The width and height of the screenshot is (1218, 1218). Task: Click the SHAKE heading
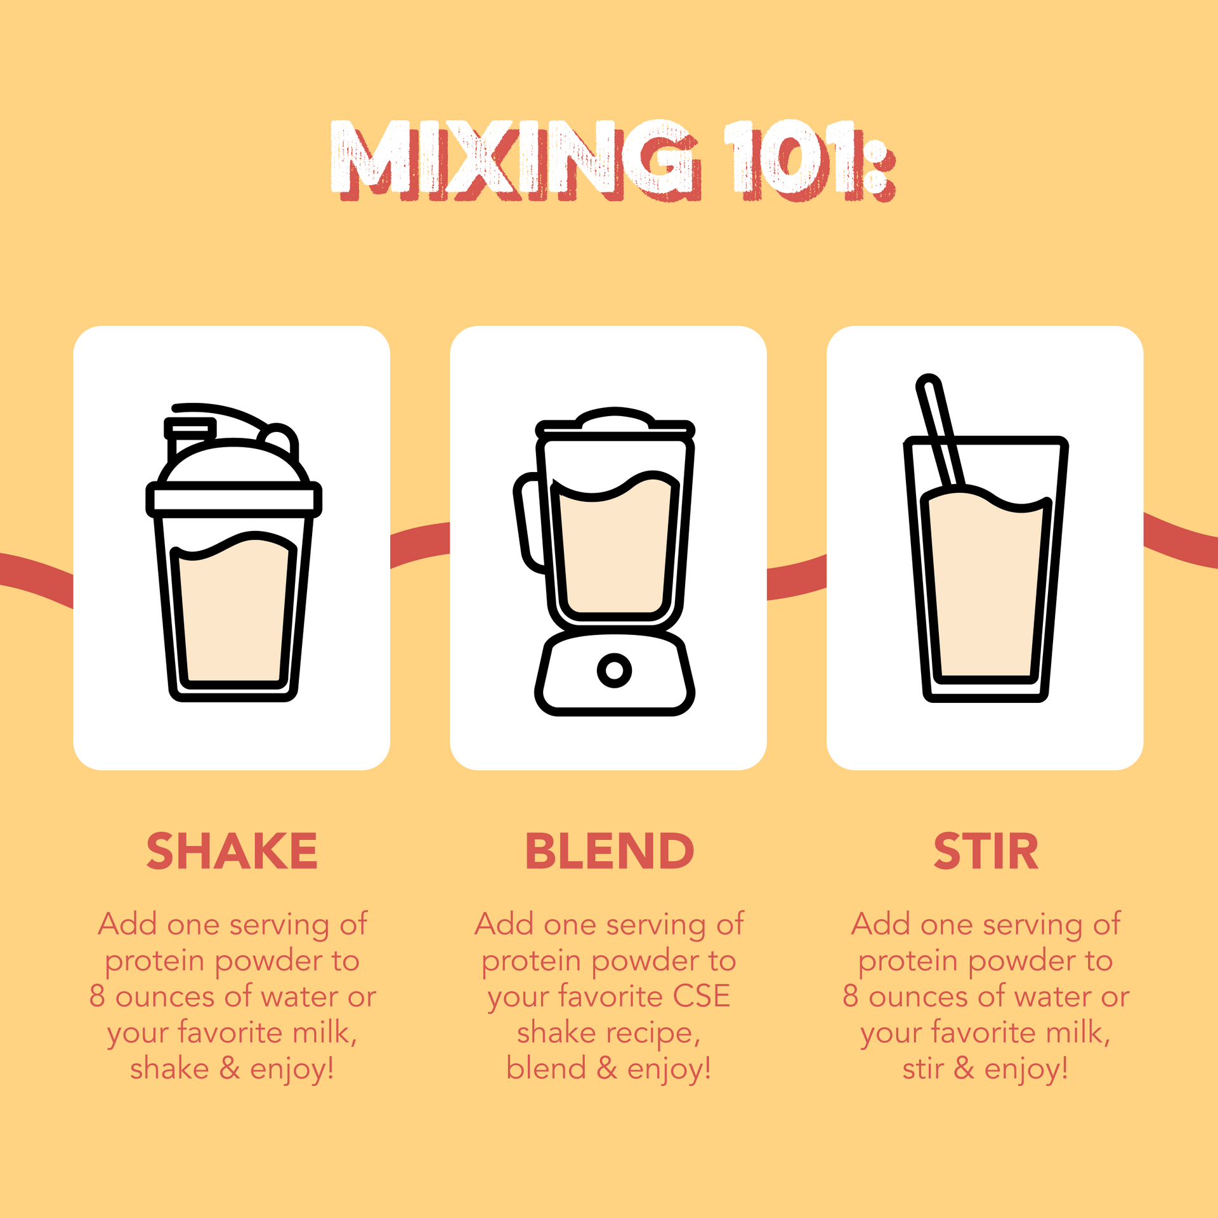[x=232, y=851]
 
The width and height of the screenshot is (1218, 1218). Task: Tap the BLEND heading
[x=609, y=851]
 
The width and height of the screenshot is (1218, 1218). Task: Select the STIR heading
[x=986, y=851]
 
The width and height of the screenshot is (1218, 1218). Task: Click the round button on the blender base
[x=614, y=670]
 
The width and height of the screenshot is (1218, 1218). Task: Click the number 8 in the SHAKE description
[x=97, y=997]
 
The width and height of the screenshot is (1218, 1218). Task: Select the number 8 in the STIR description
[x=850, y=997]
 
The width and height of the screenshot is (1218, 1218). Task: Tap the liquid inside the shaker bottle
[x=233, y=612]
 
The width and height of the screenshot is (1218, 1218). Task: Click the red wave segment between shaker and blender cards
[x=420, y=544]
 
